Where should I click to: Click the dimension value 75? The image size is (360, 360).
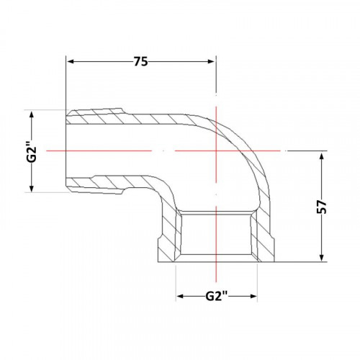141,62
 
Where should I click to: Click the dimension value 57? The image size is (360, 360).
322,207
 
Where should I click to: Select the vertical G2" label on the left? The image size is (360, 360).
32,150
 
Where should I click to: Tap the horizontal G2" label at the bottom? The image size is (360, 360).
217,296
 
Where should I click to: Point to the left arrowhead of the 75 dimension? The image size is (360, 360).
71,62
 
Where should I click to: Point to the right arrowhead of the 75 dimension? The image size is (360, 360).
211,62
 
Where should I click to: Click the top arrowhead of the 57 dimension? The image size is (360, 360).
322,156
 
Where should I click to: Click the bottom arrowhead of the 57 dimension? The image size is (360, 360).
322,258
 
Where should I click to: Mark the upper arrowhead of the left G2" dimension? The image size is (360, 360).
32,115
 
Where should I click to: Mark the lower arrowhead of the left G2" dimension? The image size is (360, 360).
32,187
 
